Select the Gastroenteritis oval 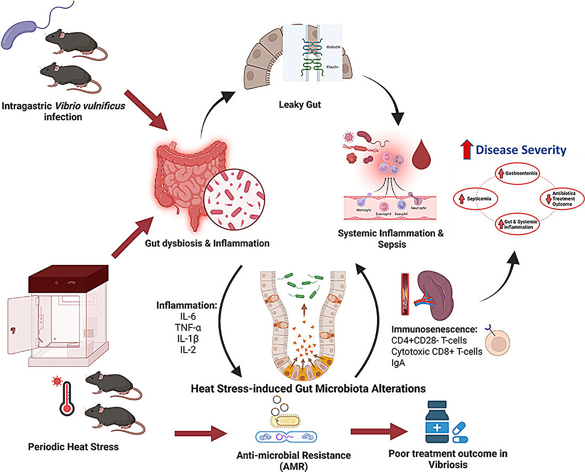[x=518, y=174]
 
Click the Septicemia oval [x=475, y=199]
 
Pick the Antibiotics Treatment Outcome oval [x=560, y=199]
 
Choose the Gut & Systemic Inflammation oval [x=518, y=224]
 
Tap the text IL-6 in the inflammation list [x=188, y=316]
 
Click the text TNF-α [x=188, y=327]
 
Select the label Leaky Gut [x=300, y=105]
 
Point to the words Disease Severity [x=521, y=150]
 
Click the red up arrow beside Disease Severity [x=466, y=150]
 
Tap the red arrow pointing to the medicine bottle [x=379, y=431]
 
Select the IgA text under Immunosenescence [x=398, y=363]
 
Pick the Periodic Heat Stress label [x=73, y=447]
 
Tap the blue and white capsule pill [x=460, y=432]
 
